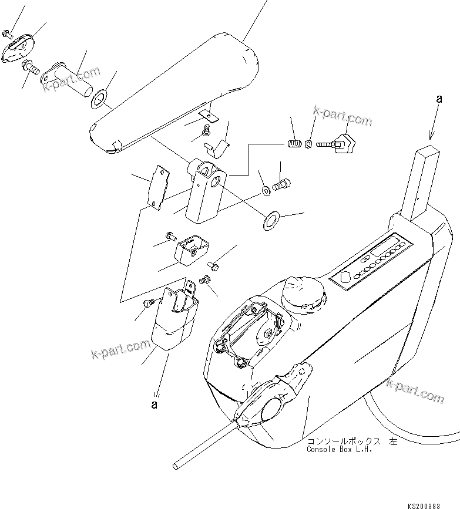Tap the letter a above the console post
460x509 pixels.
(x=438, y=100)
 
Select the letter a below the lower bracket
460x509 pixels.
(x=155, y=404)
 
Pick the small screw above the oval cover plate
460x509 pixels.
(x=7, y=33)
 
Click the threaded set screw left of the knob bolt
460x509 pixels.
(x=295, y=143)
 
